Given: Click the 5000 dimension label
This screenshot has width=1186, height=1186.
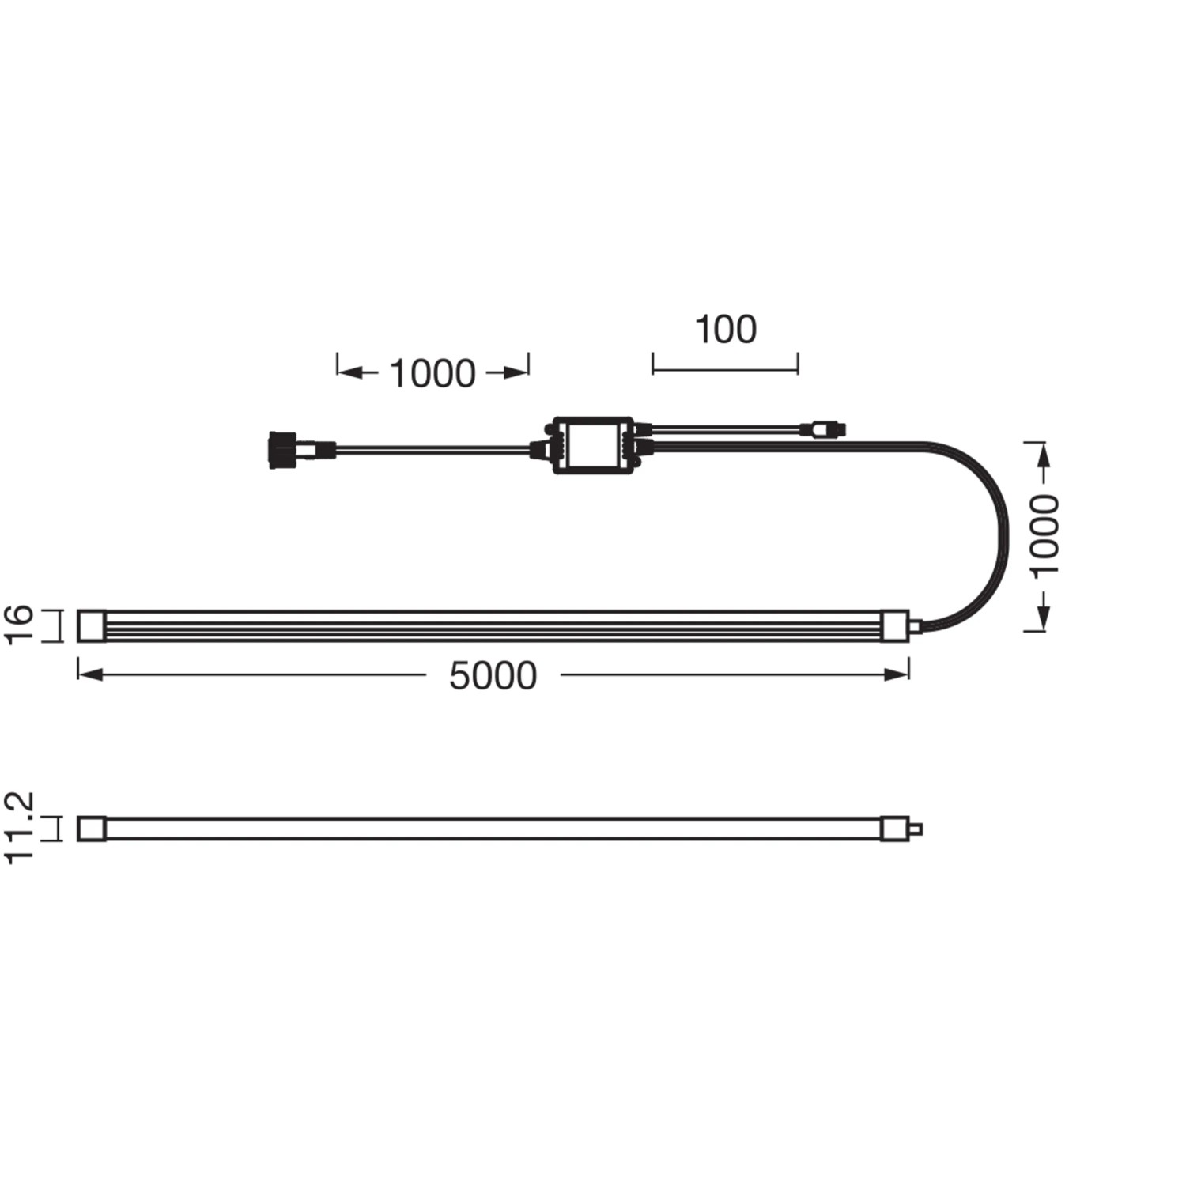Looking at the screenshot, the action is (x=493, y=676).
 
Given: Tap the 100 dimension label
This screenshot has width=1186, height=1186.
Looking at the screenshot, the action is (x=725, y=330).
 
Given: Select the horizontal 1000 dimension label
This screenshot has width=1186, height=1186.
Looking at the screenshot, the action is (x=432, y=373).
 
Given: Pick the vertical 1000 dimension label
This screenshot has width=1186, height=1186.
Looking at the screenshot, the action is (x=1044, y=536).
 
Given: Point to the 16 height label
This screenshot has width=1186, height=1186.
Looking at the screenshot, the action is (x=19, y=625).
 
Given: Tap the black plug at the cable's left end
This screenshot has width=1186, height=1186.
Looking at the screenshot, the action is (x=282, y=450).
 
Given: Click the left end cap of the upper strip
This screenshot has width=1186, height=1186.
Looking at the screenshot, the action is (x=92, y=625).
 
